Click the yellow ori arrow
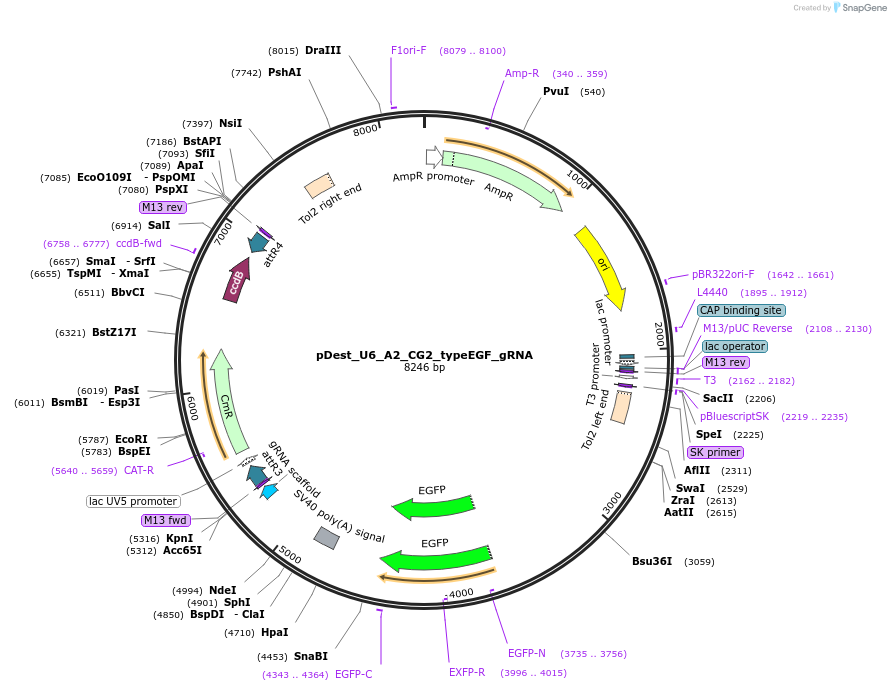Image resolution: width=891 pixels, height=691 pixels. pyautogui.click(x=601, y=266)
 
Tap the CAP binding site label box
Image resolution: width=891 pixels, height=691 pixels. pyautogui.click(x=740, y=311)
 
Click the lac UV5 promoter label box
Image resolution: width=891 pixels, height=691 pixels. pyautogui.click(x=133, y=501)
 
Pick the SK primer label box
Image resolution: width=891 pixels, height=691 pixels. pyautogui.click(x=715, y=452)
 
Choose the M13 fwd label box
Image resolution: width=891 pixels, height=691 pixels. pyautogui.click(x=165, y=520)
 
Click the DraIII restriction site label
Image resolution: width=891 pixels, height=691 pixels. pyautogui.click(x=323, y=50)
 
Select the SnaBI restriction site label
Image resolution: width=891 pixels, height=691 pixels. pyautogui.click(x=310, y=656)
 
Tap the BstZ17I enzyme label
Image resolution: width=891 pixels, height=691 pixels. pyautogui.click(x=114, y=332)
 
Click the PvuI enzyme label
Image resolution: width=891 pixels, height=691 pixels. pyautogui.click(x=556, y=91)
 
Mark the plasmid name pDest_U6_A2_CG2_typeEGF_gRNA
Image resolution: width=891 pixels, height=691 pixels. pyautogui.click(x=424, y=354)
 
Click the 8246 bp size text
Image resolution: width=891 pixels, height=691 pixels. pyautogui.click(x=424, y=368)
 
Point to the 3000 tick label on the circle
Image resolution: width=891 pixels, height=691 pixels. pyautogui.click(x=612, y=502)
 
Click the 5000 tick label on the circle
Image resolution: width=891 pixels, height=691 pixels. pyautogui.click(x=291, y=554)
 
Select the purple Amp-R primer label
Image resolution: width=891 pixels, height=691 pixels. pyautogui.click(x=522, y=73)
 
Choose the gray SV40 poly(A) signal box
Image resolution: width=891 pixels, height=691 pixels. pyautogui.click(x=326, y=538)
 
